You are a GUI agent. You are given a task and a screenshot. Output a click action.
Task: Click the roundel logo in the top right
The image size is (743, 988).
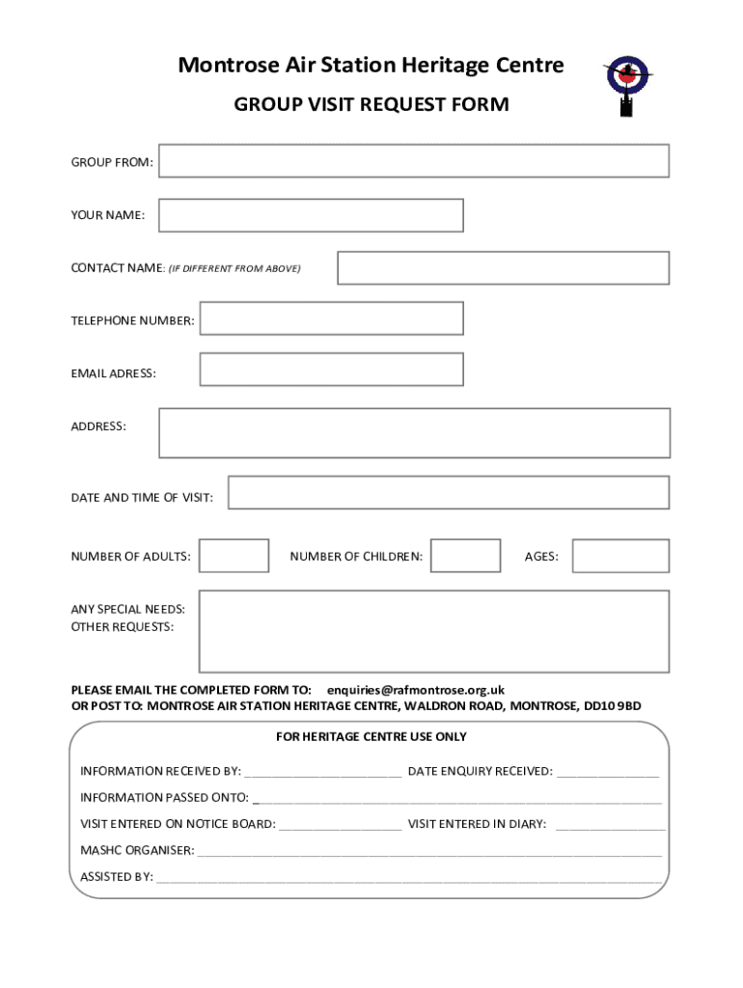click(628, 79)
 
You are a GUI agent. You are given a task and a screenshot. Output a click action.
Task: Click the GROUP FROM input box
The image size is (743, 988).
click(413, 161)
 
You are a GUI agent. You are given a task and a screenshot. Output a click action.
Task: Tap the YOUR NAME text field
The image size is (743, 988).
click(311, 215)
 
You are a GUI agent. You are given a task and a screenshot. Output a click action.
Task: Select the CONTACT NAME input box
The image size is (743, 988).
click(503, 268)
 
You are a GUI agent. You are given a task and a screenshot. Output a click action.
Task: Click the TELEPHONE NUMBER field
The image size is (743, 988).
click(331, 318)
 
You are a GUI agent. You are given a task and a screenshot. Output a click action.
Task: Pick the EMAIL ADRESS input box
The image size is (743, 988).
click(331, 369)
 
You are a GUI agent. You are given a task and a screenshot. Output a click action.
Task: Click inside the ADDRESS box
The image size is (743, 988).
click(414, 432)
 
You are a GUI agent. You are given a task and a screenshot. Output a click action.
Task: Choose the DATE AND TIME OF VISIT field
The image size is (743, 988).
click(448, 492)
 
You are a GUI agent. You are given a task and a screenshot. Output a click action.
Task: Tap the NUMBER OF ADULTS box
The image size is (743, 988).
click(234, 556)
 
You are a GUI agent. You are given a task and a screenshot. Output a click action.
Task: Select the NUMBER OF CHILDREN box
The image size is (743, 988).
click(465, 556)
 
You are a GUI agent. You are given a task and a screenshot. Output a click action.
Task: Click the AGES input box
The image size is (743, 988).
click(619, 556)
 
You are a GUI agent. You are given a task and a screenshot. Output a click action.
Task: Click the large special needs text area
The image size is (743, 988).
click(433, 631)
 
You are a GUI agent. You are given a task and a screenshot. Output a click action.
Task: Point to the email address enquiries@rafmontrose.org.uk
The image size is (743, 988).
click(416, 690)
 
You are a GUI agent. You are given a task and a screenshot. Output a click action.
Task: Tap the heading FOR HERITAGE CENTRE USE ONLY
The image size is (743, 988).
click(371, 737)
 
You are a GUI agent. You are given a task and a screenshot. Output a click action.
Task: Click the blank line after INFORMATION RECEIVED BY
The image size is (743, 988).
click(322, 772)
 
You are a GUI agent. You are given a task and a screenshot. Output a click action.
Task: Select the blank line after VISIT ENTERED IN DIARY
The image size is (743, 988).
click(610, 825)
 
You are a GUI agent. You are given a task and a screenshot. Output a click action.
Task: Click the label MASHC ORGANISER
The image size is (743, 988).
click(137, 851)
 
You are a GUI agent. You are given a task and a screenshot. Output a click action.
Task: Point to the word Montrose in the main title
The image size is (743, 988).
click(225, 66)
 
